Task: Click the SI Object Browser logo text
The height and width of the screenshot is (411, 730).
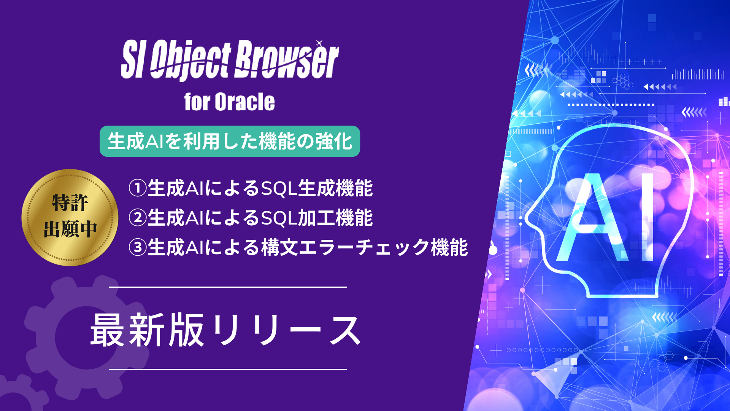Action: pyautogui.click(x=230, y=60)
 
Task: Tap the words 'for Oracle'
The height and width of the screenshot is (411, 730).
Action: pyautogui.click(x=229, y=102)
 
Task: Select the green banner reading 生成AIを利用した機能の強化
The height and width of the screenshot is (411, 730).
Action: pyautogui.click(x=230, y=141)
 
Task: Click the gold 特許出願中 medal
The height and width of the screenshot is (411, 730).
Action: pyautogui.click(x=70, y=217)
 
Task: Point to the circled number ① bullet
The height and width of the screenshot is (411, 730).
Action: pyautogui.click(x=138, y=188)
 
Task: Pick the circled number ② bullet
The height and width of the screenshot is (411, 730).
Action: pyautogui.click(x=138, y=218)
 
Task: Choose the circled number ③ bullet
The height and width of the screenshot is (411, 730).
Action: pyautogui.click(x=138, y=247)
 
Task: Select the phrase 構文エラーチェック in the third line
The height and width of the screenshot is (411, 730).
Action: pyautogui.click(x=345, y=247)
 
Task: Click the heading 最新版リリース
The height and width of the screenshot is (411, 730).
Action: pyautogui.click(x=225, y=330)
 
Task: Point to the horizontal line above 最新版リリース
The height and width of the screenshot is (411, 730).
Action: pyautogui.click(x=228, y=287)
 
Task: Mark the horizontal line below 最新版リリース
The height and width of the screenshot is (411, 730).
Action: pyautogui.click(x=228, y=369)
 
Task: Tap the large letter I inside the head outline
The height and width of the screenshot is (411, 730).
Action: pyautogui.click(x=647, y=217)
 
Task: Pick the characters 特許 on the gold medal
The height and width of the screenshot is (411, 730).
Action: pyautogui.click(x=70, y=202)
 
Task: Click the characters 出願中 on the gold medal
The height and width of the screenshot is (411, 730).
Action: pyautogui.click(x=70, y=229)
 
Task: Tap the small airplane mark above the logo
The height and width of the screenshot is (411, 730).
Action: pyautogui.click(x=319, y=43)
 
